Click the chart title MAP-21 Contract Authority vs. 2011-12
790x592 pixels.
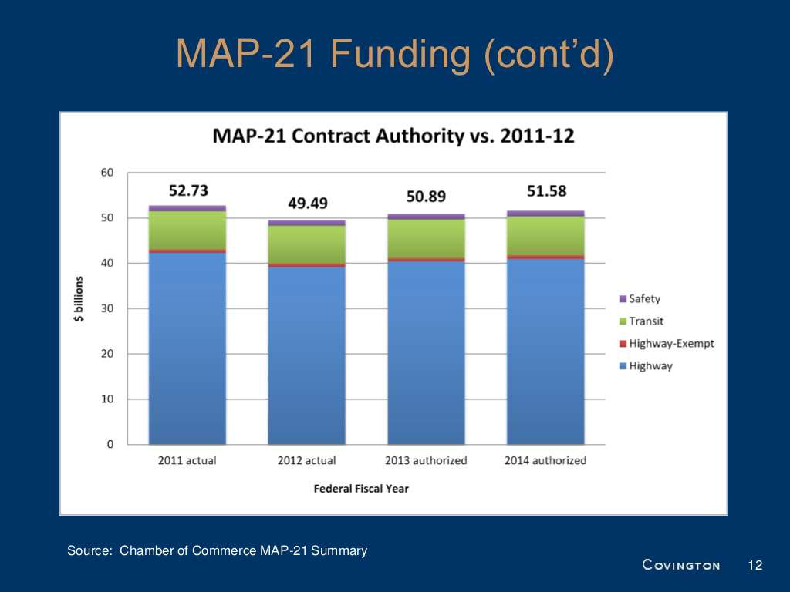[393, 136]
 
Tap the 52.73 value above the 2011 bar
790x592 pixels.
[188, 190]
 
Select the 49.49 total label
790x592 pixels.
[306, 203]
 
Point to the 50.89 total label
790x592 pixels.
[426, 197]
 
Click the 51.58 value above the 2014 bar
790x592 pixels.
[546, 190]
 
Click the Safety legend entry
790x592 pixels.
[644, 299]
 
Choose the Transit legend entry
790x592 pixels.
[646, 321]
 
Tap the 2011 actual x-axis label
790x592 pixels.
[187, 461]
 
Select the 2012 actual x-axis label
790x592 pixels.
[306, 461]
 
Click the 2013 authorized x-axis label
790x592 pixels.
[426, 461]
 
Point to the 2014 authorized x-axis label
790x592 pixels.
[545, 461]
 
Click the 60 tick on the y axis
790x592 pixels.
[107, 173]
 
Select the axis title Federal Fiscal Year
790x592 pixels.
[361, 489]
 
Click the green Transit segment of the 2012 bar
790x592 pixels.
[306, 244]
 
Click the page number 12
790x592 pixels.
[755, 566]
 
